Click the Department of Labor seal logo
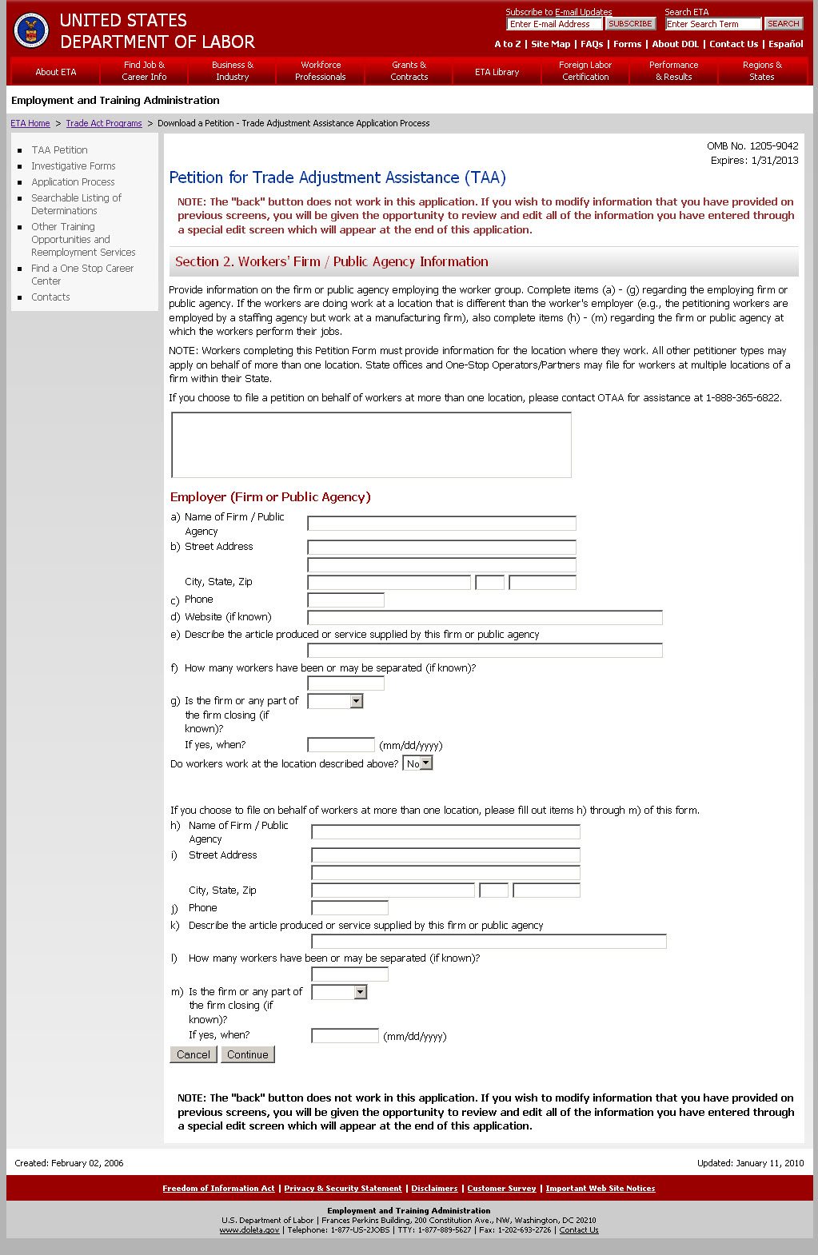(32, 30)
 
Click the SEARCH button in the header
(783, 24)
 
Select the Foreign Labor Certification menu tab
(585, 71)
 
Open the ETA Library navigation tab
(497, 72)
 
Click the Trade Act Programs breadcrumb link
(104, 124)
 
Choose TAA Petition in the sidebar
(59, 150)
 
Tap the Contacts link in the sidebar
(50, 297)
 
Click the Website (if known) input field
(485, 617)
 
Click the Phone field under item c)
(345, 600)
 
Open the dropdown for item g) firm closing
(336, 701)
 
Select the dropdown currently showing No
(418, 763)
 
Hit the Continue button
(248, 1055)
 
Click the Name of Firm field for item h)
(445, 832)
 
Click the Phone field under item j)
(349, 908)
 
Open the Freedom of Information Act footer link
(218, 1189)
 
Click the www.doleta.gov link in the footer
(249, 1230)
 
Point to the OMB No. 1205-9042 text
(752, 146)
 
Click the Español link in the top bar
(785, 45)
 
